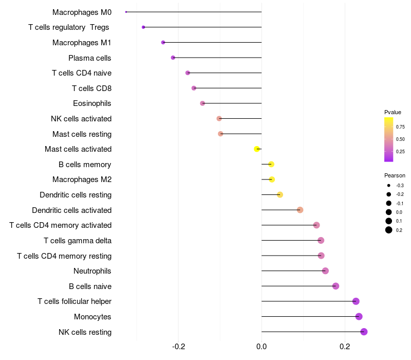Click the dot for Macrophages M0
coord(126,12)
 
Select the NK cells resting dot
coord(364,332)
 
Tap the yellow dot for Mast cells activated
coord(257,149)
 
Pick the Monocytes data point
coord(359,316)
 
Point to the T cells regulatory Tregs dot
coord(143,27)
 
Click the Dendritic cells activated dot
coord(300,210)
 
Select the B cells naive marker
coord(335,286)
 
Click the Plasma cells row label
coord(90,58)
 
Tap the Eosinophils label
coord(92,103)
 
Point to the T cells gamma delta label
coord(78,240)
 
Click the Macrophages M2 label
coord(82,179)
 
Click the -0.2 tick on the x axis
coord(178,346)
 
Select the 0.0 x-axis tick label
coord(261,346)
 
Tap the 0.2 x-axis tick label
coord(345,346)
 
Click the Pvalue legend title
coord(393,112)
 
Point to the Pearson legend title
coord(395,175)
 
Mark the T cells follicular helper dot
coord(356,301)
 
